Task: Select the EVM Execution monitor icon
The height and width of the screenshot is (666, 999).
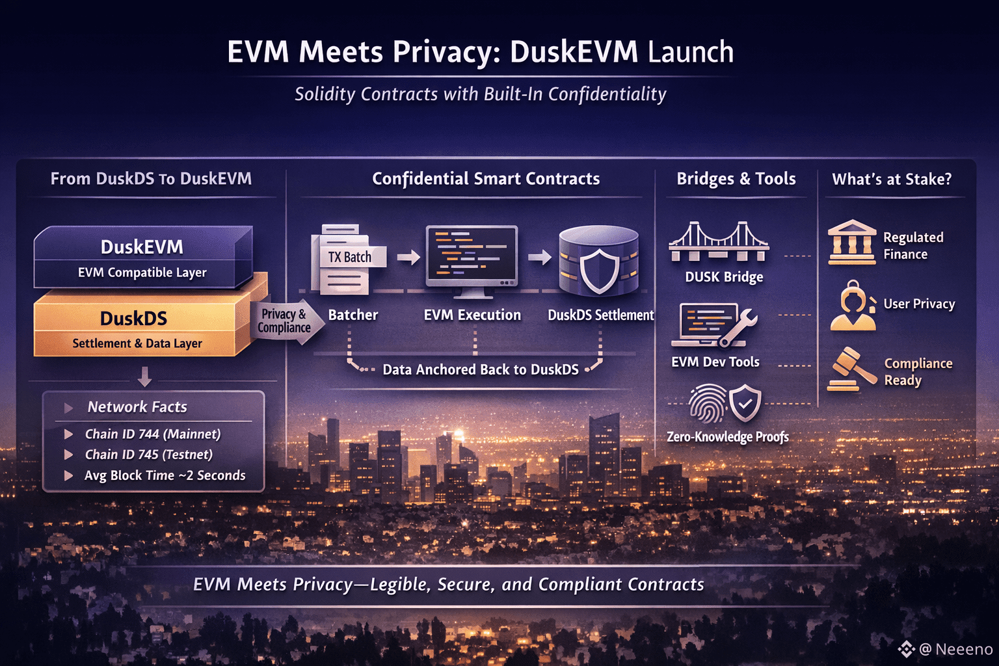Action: (472, 256)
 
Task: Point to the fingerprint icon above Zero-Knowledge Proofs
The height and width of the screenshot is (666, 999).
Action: (707, 403)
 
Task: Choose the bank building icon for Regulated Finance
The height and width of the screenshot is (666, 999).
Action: (852, 242)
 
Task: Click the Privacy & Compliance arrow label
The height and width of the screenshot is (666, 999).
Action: (285, 321)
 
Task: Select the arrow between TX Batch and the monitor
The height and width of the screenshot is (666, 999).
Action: (408, 258)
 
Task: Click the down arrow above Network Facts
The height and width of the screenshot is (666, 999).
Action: (145, 376)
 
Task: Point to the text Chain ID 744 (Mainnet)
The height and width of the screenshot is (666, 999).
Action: (153, 434)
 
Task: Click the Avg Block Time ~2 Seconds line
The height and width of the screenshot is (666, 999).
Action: (165, 475)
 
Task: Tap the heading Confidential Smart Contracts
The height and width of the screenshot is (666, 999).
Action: (486, 179)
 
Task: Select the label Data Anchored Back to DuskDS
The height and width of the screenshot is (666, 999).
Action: (480, 369)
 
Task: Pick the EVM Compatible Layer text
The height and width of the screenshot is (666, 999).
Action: (142, 273)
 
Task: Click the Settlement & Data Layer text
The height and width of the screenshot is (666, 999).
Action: (137, 343)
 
